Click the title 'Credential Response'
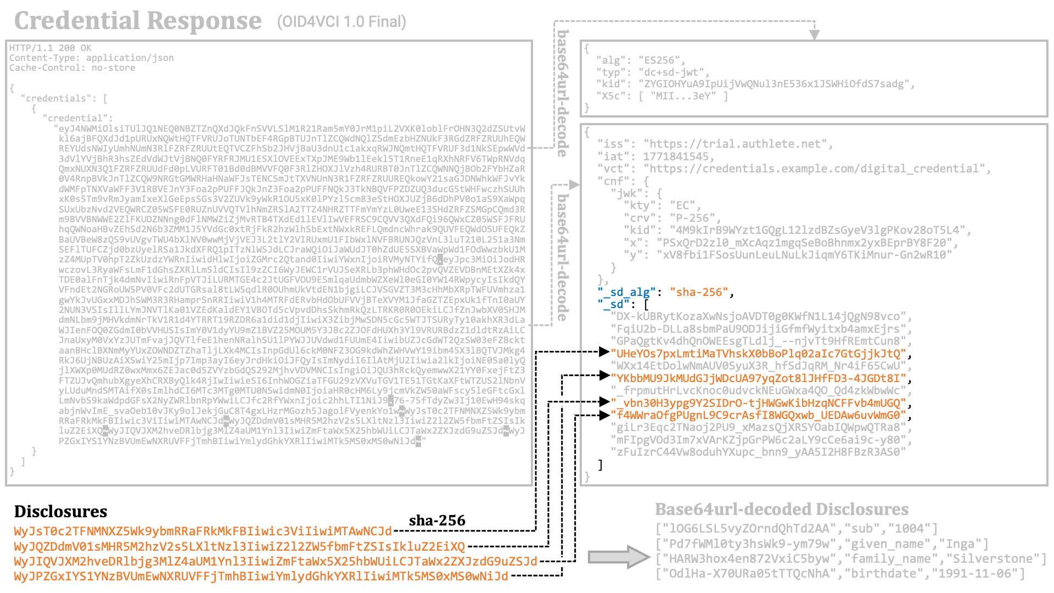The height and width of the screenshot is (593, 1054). pos(138,21)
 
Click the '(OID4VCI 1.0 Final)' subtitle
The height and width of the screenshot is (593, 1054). pos(341,22)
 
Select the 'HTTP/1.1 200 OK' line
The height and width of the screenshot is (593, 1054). pos(50,48)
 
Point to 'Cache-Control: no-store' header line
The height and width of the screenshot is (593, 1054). pos(72,68)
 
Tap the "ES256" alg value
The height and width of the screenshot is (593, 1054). pos(661,60)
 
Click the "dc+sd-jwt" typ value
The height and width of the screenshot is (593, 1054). pos(674,72)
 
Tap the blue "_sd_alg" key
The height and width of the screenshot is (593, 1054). pos(626,292)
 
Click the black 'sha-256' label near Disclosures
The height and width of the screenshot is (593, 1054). pos(437,521)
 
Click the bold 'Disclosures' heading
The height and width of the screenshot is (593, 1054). pos(60,512)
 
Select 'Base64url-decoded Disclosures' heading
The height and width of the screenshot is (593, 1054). pos(781,510)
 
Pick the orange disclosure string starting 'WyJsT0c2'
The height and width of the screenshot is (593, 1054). pos(203,532)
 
